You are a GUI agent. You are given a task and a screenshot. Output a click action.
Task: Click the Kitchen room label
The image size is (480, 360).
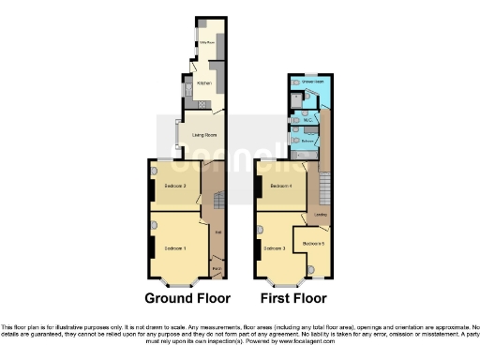point(203,82)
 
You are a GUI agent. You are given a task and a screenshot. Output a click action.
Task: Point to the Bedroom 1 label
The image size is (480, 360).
point(175,247)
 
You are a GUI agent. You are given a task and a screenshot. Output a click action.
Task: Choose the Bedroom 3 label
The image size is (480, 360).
point(274,248)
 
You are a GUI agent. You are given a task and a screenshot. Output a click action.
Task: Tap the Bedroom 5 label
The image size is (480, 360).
point(314,245)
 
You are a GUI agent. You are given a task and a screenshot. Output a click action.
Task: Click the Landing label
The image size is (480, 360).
point(321,216)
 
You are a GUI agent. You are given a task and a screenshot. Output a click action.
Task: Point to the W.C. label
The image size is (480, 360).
point(307,120)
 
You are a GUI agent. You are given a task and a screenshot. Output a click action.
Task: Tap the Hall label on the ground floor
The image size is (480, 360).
point(217,230)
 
